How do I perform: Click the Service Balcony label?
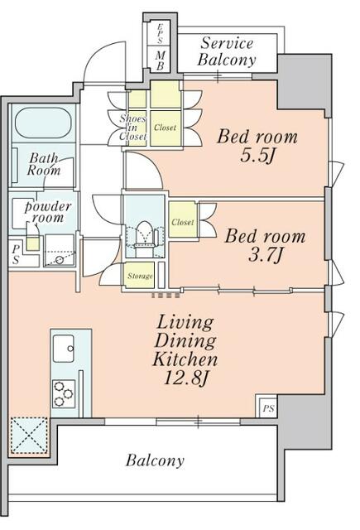(x=227, y=51)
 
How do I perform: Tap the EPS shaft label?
(x=160, y=33)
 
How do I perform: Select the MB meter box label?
(x=160, y=60)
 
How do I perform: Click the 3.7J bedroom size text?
(x=265, y=255)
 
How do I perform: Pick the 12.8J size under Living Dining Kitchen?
(x=185, y=378)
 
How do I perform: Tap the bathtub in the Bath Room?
(x=43, y=123)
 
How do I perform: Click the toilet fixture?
(x=145, y=235)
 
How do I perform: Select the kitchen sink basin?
(x=64, y=348)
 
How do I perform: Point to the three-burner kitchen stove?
(x=64, y=393)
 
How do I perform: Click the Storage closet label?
(x=140, y=276)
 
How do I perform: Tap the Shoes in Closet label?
(x=132, y=128)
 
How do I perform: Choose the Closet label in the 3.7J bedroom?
(x=183, y=222)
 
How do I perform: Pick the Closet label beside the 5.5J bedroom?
(x=166, y=128)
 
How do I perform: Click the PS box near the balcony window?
(x=268, y=408)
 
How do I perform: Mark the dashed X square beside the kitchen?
(x=29, y=436)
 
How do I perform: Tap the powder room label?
(x=48, y=212)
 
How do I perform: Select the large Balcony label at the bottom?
(x=155, y=460)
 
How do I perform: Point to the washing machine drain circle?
(x=60, y=260)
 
